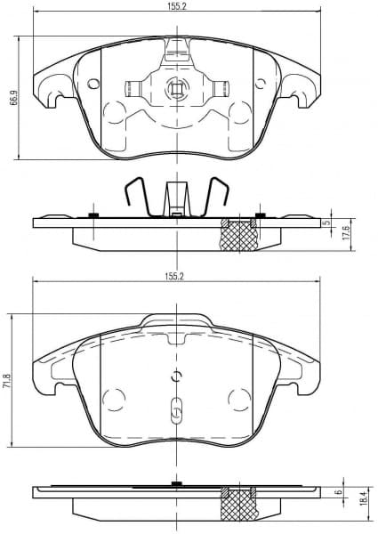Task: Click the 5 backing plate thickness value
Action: coord(328,222)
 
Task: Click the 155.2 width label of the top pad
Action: coord(175,6)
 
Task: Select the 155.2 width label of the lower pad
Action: coord(173,277)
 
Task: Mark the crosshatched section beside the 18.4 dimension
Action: coord(239,504)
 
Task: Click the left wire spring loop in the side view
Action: coord(134,197)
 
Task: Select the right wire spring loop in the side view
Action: coord(218,197)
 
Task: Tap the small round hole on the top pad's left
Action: coord(93,85)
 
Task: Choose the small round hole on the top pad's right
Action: coord(260,85)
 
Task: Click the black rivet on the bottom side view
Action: coord(176,484)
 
